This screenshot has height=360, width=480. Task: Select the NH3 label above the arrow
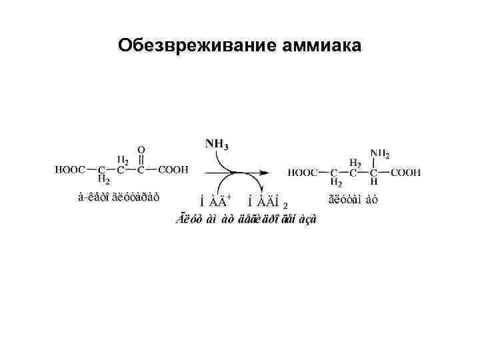[217, 143]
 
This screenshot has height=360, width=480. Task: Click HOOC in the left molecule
[71, 170]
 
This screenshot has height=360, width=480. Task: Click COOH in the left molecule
[173, 170]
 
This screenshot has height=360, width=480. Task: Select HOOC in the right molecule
[303, 173]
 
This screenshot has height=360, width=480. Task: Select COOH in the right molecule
[406, 173]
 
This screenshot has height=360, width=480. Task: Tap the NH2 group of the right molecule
[379, 154]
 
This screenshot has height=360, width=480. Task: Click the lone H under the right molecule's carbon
[373, 182]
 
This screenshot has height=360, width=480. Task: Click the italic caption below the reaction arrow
[246, 219]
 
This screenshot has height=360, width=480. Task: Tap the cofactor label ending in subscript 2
[267, 201]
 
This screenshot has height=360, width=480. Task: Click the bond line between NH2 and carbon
[373, 163]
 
